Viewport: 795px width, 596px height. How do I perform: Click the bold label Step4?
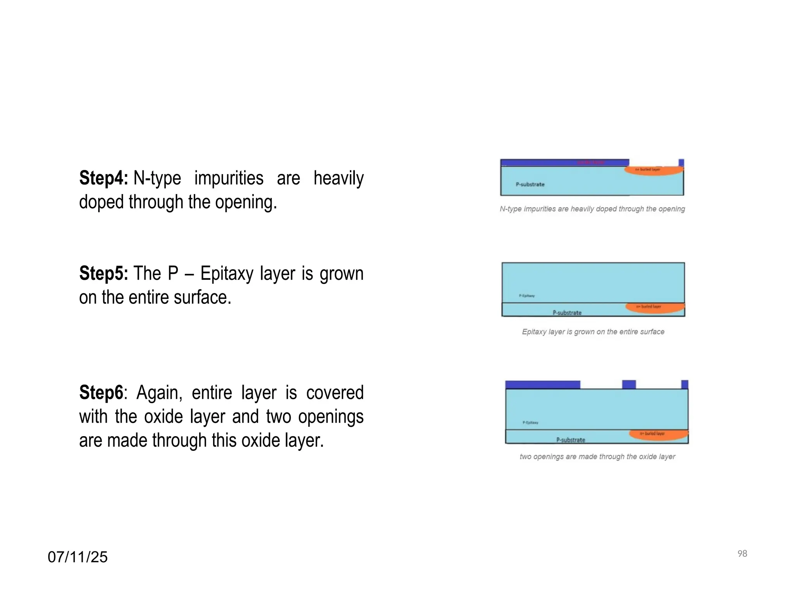point(103,178)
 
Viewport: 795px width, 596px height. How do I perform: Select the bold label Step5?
point(103,274)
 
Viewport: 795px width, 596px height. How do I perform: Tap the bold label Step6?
point(101,393)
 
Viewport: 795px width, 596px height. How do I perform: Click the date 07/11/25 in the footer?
point(78,557)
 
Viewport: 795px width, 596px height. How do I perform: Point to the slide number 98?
point(742,554)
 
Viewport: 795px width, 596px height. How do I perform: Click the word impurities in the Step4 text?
point(229,178)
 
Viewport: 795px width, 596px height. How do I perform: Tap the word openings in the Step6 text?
point(331,417)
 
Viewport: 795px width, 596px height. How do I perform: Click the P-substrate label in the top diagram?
point(530,184)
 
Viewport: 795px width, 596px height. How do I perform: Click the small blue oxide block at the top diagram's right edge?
point(681,163)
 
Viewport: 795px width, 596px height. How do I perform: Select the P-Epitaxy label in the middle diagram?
point(527,296)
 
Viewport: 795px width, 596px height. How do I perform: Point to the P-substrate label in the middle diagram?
point(567,313)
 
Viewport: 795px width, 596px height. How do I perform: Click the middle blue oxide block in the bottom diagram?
point(629,385)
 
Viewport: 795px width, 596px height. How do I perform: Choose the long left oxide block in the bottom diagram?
point(543,385)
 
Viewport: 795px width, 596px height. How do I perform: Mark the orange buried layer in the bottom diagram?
point(658,435)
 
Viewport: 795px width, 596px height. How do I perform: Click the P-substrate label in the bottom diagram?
point(571,440)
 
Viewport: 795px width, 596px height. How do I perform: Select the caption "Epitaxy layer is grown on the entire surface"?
point(593,332)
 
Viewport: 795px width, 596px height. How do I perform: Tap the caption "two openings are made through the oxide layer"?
point(597,457)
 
